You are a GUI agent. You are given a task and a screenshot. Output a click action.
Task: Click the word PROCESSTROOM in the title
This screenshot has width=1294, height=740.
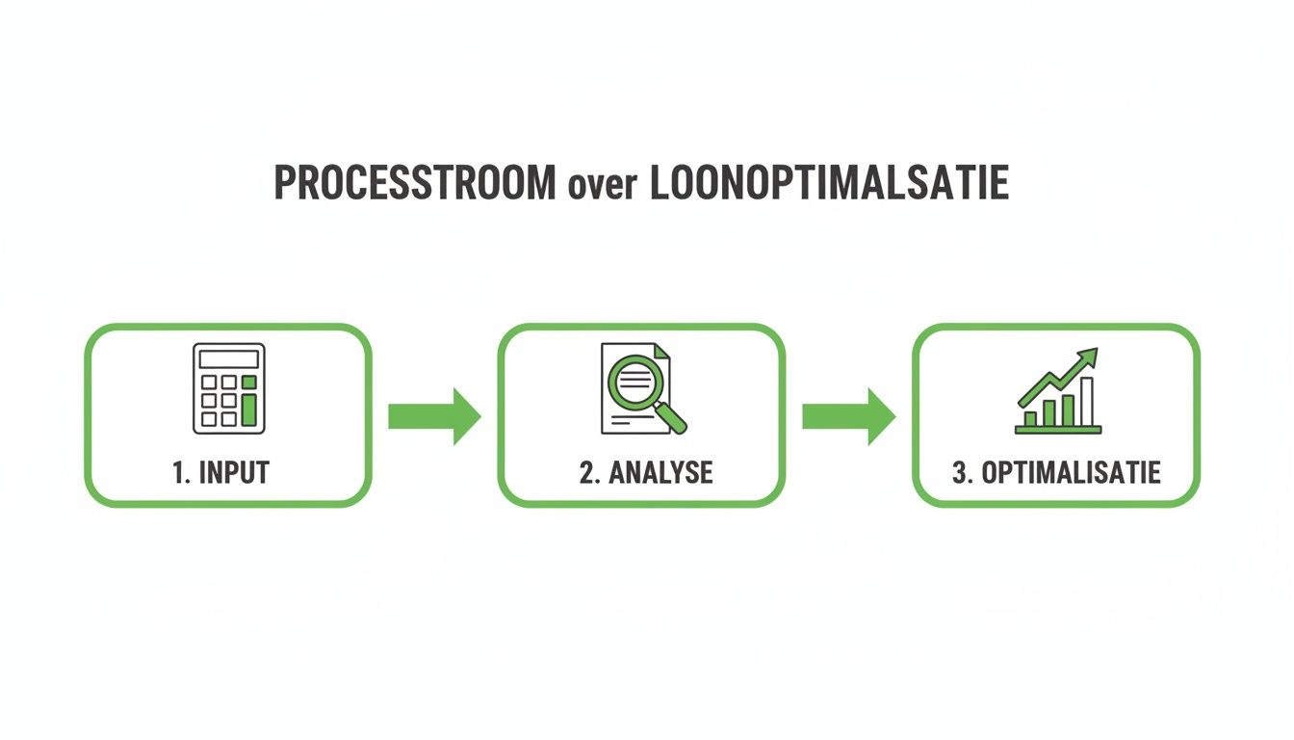pyautogui.click(x=414, y=182)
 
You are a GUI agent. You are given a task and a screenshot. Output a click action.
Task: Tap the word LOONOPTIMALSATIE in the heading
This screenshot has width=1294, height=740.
pyautogui.click(x=830, y=182)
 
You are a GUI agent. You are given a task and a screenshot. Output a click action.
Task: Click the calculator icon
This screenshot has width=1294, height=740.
pyautogui.click(x=229, y=387)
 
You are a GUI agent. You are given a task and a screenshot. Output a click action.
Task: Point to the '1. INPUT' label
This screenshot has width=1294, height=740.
pyautogui.click(x=221, y=473)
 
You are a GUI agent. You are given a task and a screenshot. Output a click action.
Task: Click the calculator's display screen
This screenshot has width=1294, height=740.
pyautogui.click(x=229, y=359)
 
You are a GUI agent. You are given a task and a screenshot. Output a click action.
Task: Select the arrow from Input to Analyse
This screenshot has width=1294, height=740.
pyautogui.click(x=433, y=416)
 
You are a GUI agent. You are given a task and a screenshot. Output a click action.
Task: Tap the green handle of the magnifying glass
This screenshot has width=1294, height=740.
pyautogui.click(x=674, y=417)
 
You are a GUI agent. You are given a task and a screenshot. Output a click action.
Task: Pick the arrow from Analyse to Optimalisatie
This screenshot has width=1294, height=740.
pyautogui.click(x=847, y=416)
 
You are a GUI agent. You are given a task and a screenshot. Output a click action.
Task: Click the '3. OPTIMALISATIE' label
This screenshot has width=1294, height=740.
pyautogui.click(x=1056, y=473)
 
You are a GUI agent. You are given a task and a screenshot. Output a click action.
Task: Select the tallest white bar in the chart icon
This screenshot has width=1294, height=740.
pyautogui.click(x=1087, y=401)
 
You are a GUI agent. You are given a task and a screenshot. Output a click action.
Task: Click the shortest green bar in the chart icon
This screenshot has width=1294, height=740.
pyautogui.click(x=1029, y=418)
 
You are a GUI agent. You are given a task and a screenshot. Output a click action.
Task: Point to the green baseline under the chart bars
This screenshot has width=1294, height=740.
pyautogui.click(x=1058, y=430)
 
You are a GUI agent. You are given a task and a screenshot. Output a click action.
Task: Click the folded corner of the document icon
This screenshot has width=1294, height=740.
pyautogui.click(x=665, y=354)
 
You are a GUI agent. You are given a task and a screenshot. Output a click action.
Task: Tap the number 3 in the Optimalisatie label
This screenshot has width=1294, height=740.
pyautogui.click(x=958, y=473)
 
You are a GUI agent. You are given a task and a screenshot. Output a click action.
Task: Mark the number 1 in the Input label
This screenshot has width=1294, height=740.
pyautogui.click(x=177, y=473)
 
